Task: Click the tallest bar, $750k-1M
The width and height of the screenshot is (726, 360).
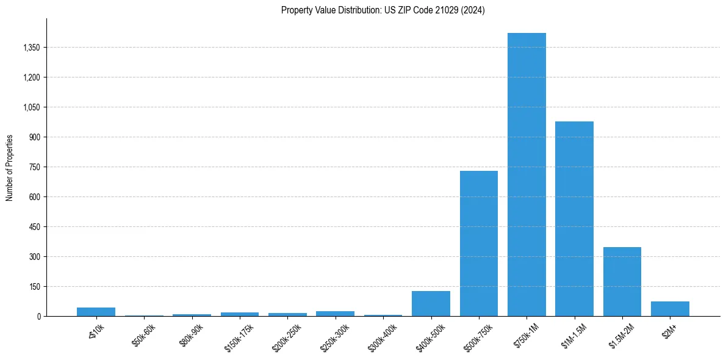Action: point(527,175)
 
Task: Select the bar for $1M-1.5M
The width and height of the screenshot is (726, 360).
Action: point(574,218)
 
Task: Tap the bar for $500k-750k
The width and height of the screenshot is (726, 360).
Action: point(479,243)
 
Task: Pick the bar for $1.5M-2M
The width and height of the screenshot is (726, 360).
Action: point(622,281)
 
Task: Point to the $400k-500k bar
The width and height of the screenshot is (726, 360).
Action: point(431,303)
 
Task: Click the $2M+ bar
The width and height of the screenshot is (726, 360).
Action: point(670,309)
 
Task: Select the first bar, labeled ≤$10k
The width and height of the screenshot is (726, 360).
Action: point(96,312)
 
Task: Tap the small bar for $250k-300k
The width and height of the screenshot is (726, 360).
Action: point(335,314)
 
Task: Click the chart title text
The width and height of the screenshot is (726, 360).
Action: point(383,10)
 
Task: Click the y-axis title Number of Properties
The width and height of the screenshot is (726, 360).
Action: point(10,167)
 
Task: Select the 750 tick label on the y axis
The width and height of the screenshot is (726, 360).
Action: point(34,167)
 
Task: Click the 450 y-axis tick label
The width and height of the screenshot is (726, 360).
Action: point(34,227)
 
